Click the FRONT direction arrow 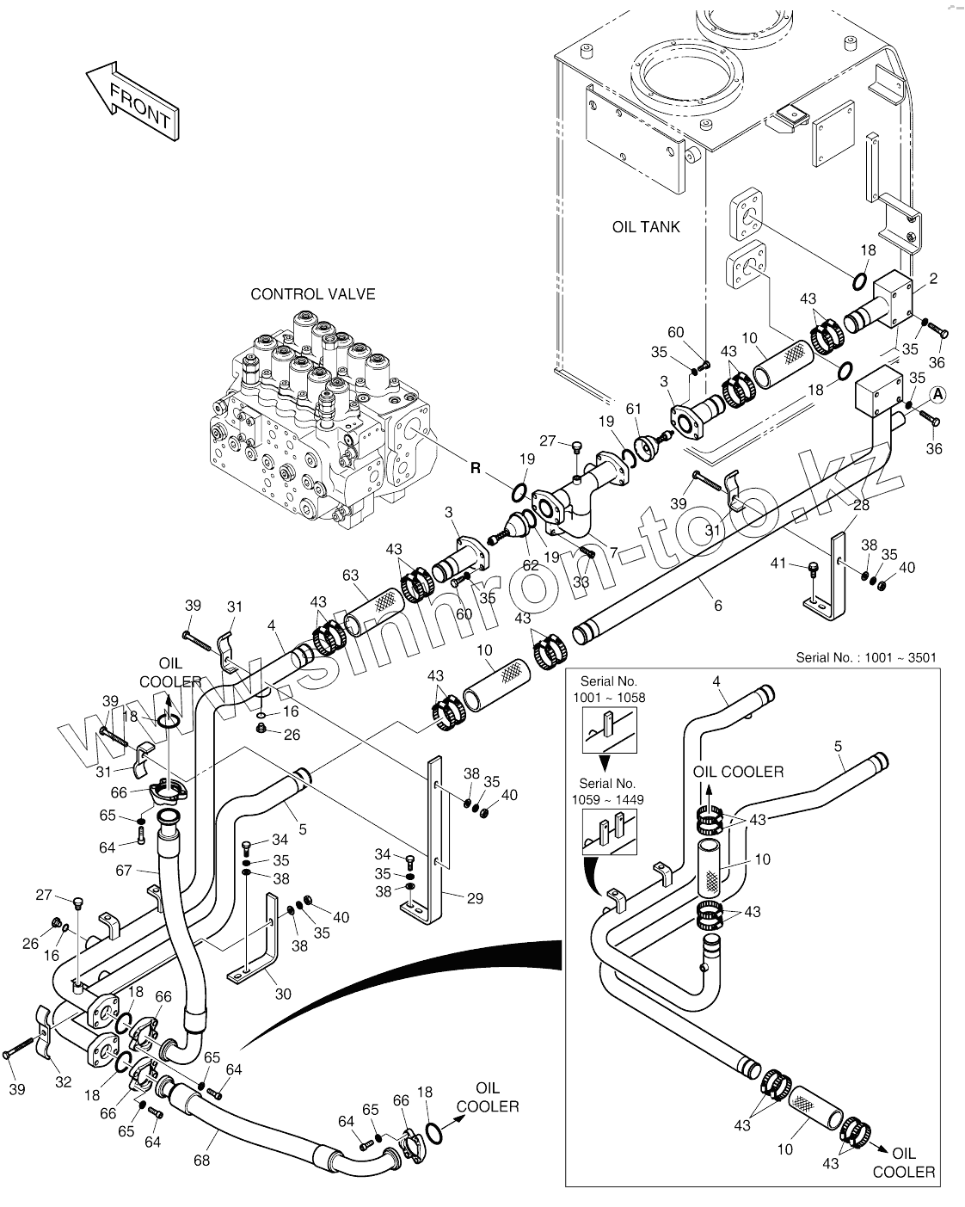point(132,102)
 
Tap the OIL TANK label point(645,227)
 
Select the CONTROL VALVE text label point(312,294)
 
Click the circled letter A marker point(937,396)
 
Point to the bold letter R point(476,468)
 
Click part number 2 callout point(933,278)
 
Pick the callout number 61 point(633,409)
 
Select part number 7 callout point(613,552)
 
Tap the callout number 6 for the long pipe point(717,605)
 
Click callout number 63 point(350,575)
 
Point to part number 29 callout point(475,898)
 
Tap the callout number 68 point(201,1161)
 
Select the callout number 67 point(123,871)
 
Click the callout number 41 point(778,563)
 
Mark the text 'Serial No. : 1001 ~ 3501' point(866,657)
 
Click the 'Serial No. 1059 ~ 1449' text point(608,791)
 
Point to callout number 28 point(861,505)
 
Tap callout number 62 point(531,565)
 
